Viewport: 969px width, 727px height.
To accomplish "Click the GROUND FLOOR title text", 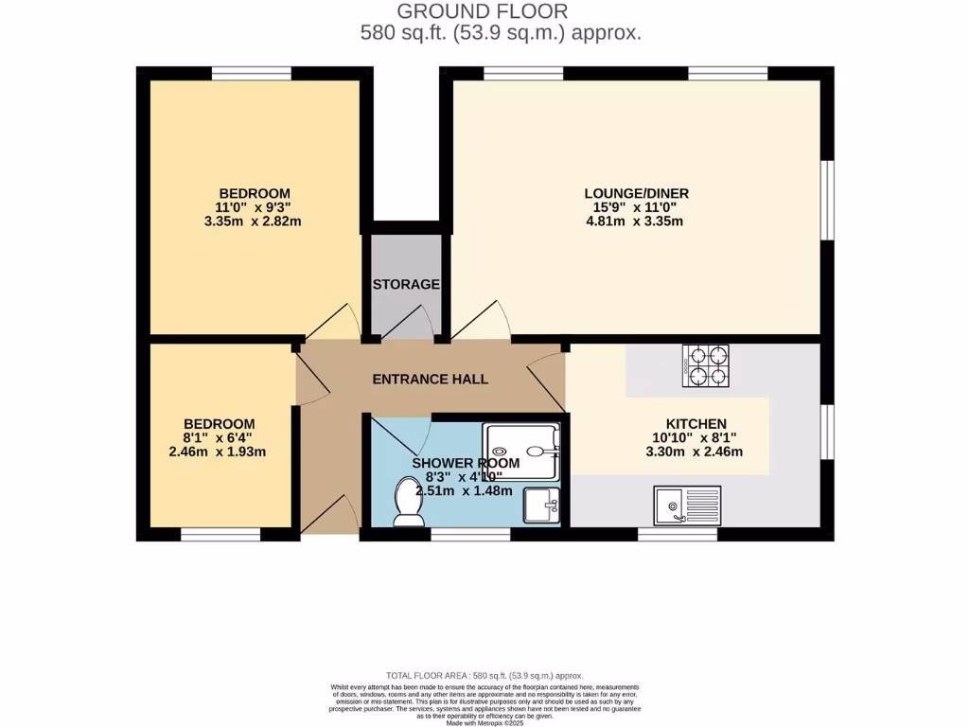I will (482, 11).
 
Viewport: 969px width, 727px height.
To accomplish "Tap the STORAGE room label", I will (406, 284).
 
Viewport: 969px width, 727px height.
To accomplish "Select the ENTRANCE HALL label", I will (431, 380).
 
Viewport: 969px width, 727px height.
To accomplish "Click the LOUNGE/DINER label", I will (636, 193).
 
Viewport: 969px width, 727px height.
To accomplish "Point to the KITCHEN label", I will (696, 423).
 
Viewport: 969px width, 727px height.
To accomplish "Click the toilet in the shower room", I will (407, 501).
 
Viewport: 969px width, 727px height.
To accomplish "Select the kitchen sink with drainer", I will (687, 505).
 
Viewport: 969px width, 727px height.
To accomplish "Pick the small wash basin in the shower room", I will (541, 505).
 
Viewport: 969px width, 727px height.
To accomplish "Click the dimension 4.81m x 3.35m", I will (635, 222).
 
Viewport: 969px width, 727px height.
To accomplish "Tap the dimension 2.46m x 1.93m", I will (219, 452).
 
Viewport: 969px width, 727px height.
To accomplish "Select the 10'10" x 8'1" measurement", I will (696, 437).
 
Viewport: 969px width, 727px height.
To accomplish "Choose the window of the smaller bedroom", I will (220, 535).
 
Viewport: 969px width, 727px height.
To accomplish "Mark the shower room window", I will (470, 535).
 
